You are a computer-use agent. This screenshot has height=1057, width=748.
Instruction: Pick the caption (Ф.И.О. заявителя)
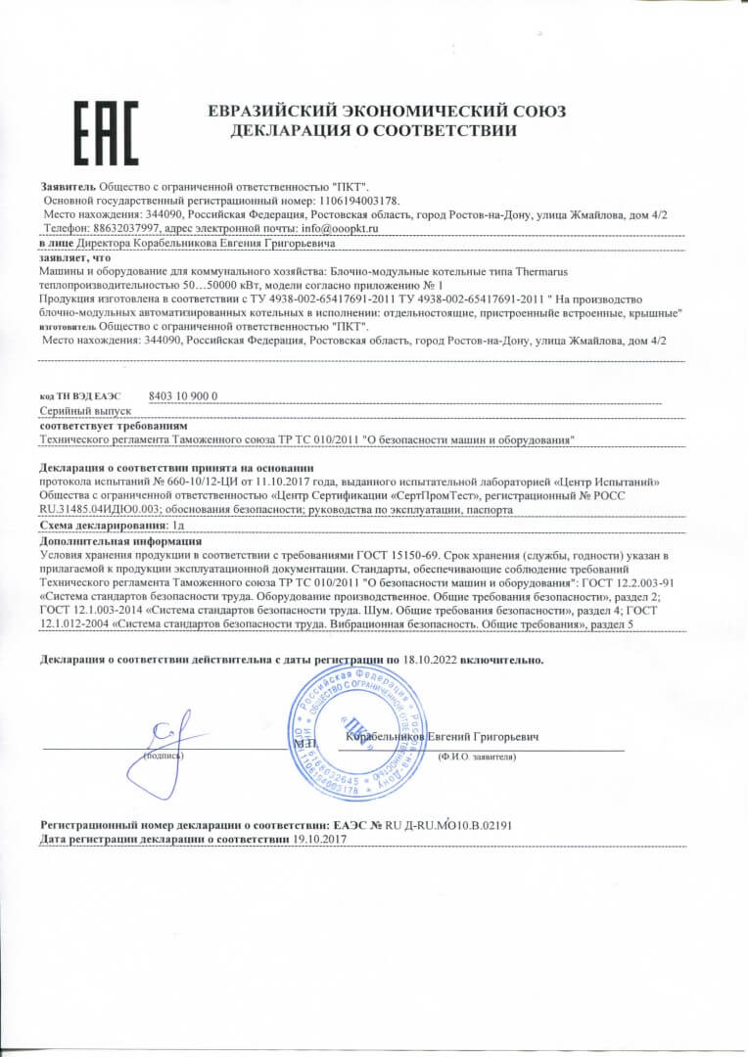477,757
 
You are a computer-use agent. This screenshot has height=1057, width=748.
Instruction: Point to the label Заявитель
67,185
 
